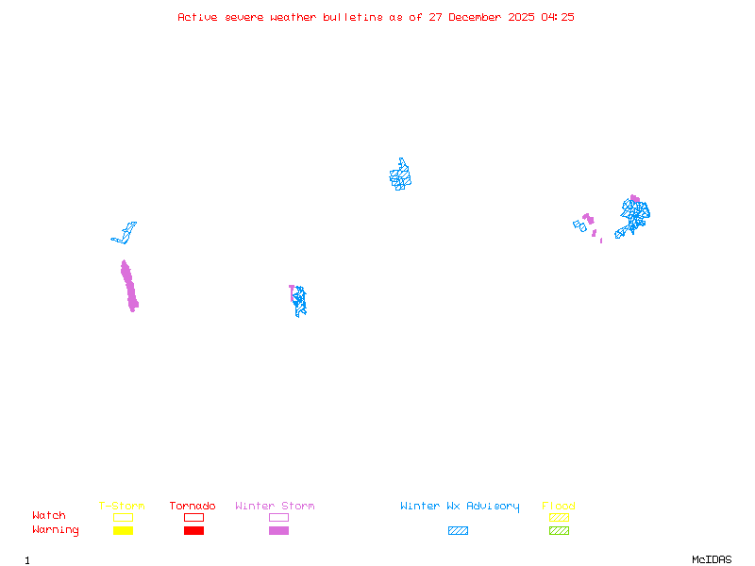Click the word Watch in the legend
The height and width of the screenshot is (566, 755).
[x=49, y=516]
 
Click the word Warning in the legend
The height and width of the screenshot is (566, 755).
[x=55, y=530]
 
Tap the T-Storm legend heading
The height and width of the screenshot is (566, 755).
[x=122, y=507]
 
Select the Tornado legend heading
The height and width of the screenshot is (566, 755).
[x=193, y=507]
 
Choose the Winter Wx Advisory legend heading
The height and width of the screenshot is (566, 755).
[x=460, y=507]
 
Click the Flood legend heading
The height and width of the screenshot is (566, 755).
[x=559, y=507]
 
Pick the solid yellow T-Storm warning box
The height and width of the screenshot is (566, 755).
[x=123, y=530]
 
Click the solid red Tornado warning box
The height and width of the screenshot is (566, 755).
[x=193, y=530]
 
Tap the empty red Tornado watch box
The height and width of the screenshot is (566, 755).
[x=193, y=517]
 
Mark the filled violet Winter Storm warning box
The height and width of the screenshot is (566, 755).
[x=278, y=530]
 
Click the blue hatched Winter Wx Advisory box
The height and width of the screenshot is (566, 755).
[x=458, y=530]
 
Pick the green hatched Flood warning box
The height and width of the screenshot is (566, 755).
[x=559, y=530]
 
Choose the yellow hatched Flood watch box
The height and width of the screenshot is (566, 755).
[x=559, y=517]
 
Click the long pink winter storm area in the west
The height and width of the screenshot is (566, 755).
[x=129, y=286]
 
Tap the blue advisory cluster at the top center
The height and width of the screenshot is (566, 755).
[x=400, y=175]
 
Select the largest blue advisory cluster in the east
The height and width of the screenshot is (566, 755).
[x=634, y=214]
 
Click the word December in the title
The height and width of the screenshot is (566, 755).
[x=480, y=17]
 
